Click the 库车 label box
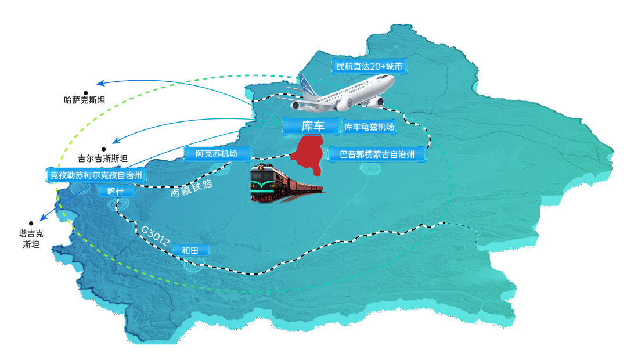tap(312, 127)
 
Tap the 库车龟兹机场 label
tap(369, 127)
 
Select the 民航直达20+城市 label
tap(369, 67)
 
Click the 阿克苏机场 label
tap(217, 154)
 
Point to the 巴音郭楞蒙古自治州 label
tap(377, 154)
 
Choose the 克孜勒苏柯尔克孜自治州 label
tap(96, 175)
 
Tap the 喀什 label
tap(116, 191)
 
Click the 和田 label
tap(190, 250)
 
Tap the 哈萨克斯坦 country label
tap(85, 100)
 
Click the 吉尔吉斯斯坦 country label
tap(103, 158)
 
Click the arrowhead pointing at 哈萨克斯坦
tap(99, 82)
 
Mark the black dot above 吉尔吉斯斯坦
tap(103, 149)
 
